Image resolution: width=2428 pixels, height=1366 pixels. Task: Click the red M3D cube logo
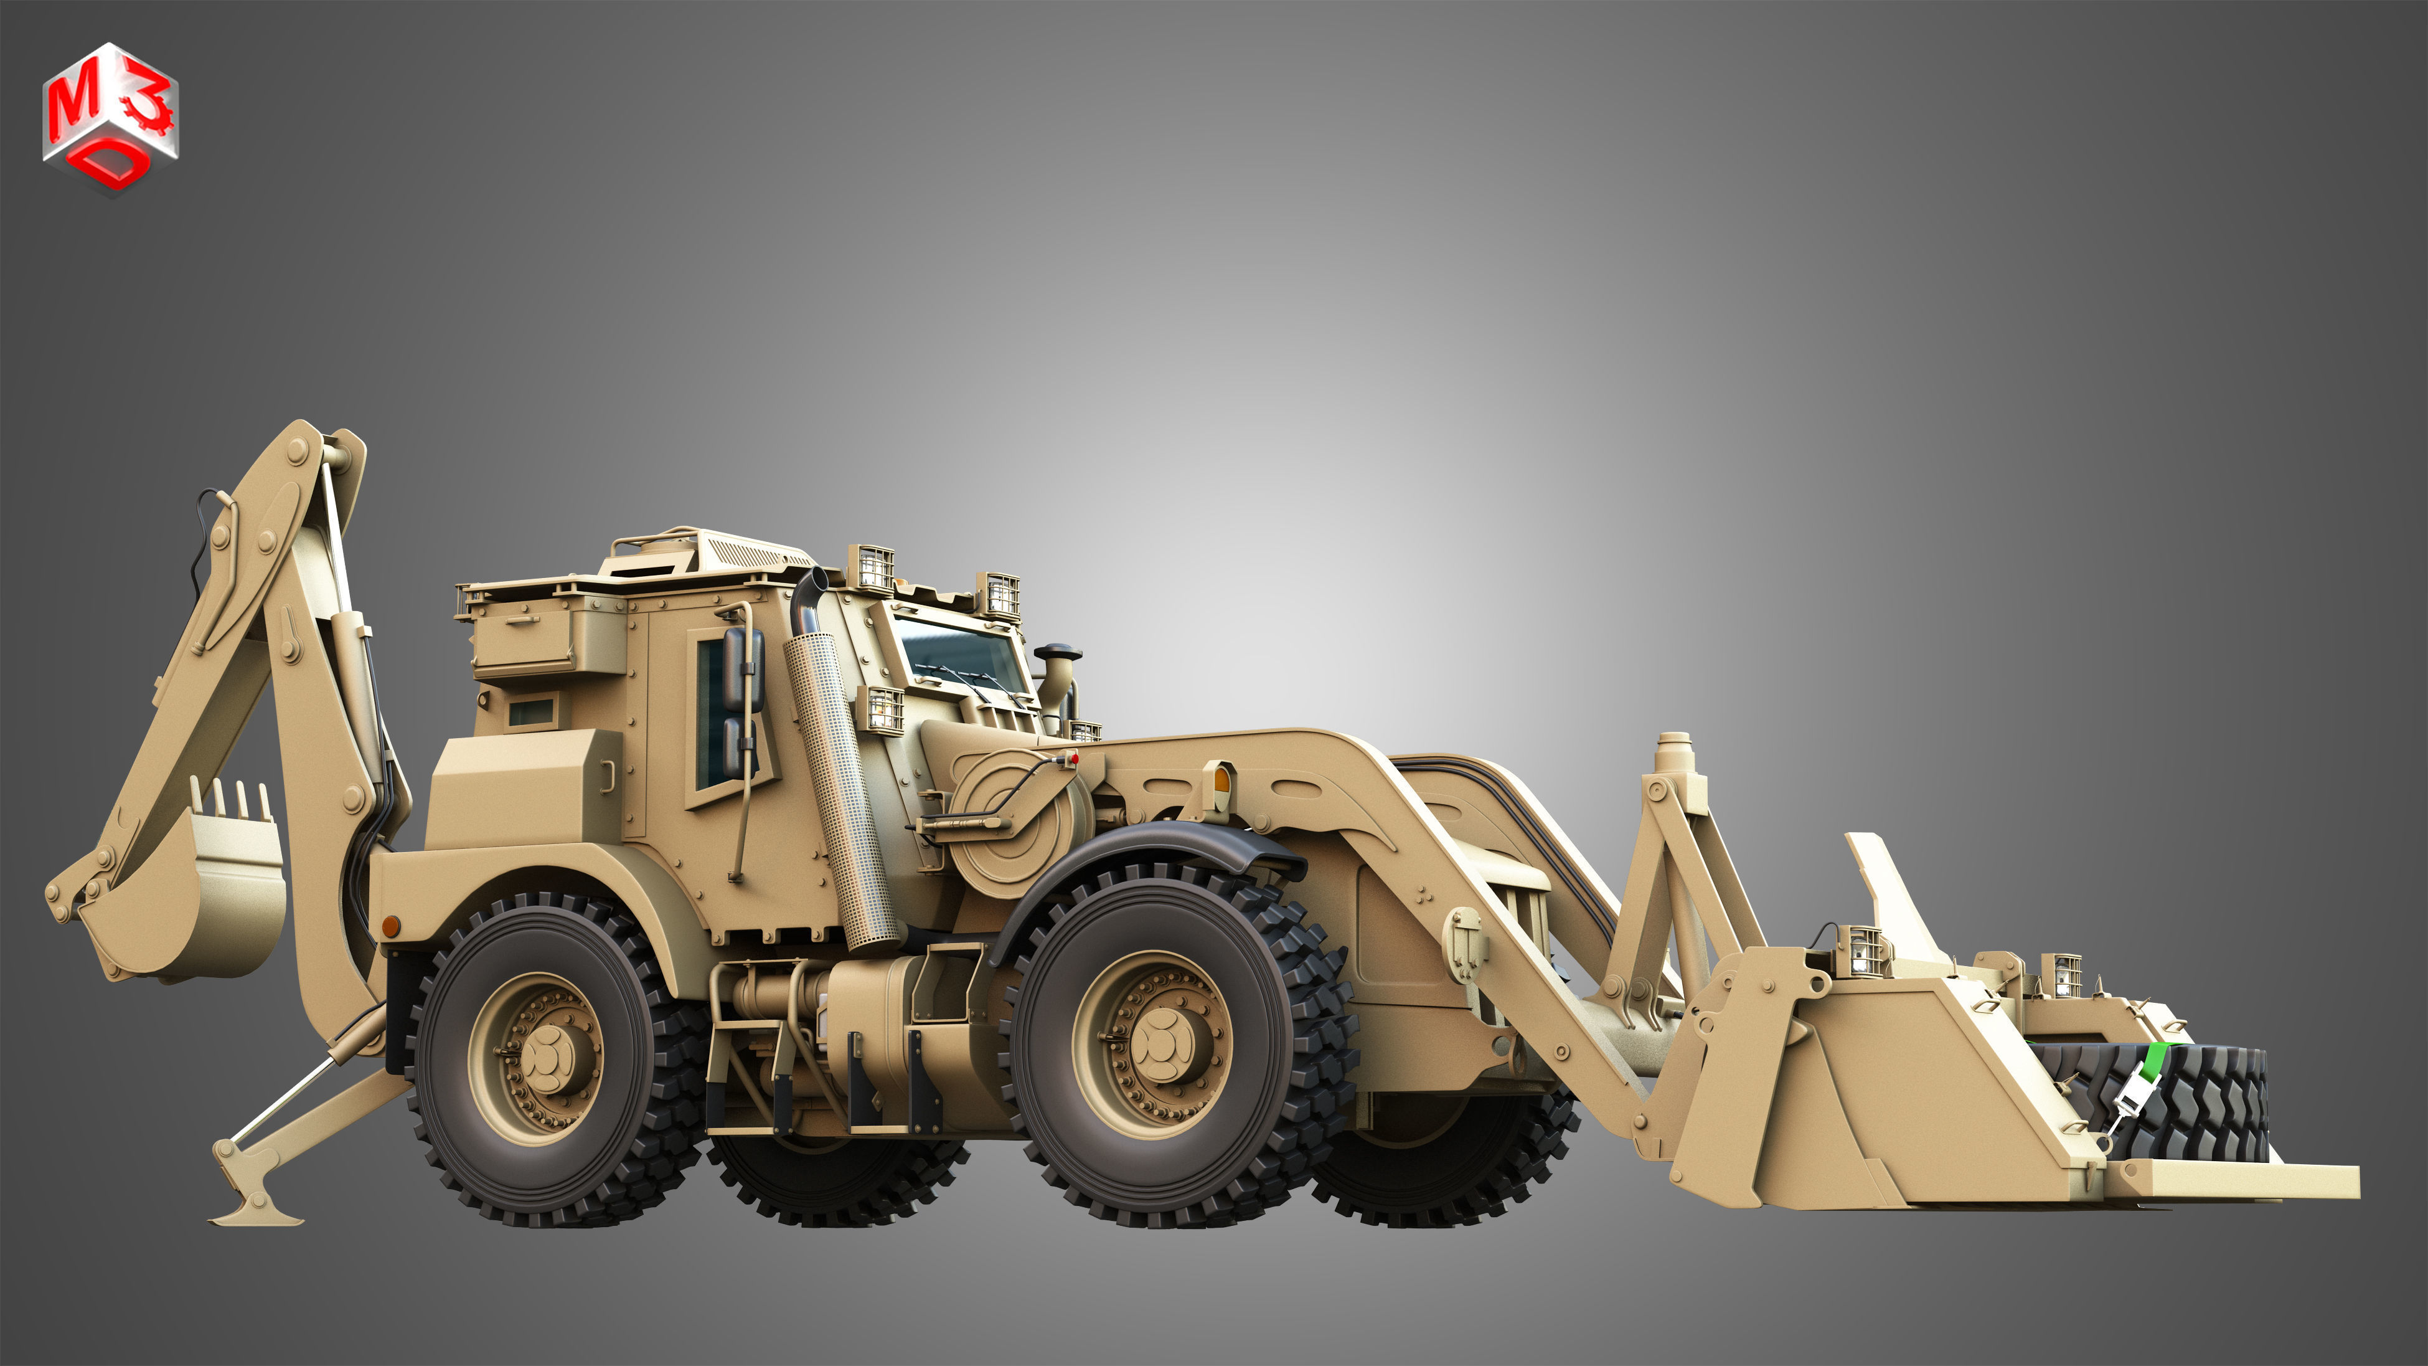(x=110, y=118)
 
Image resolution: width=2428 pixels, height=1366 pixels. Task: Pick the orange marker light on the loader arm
(x=1223, y=779)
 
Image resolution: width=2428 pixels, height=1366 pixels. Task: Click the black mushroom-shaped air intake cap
(x=1056, y=652)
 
